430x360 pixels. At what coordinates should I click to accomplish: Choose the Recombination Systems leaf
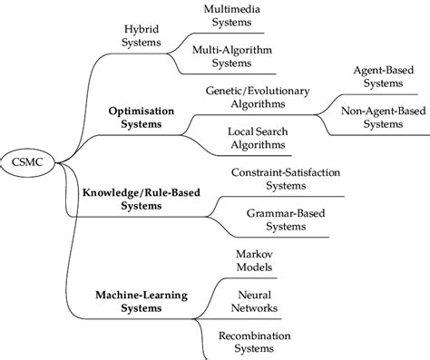255,343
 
